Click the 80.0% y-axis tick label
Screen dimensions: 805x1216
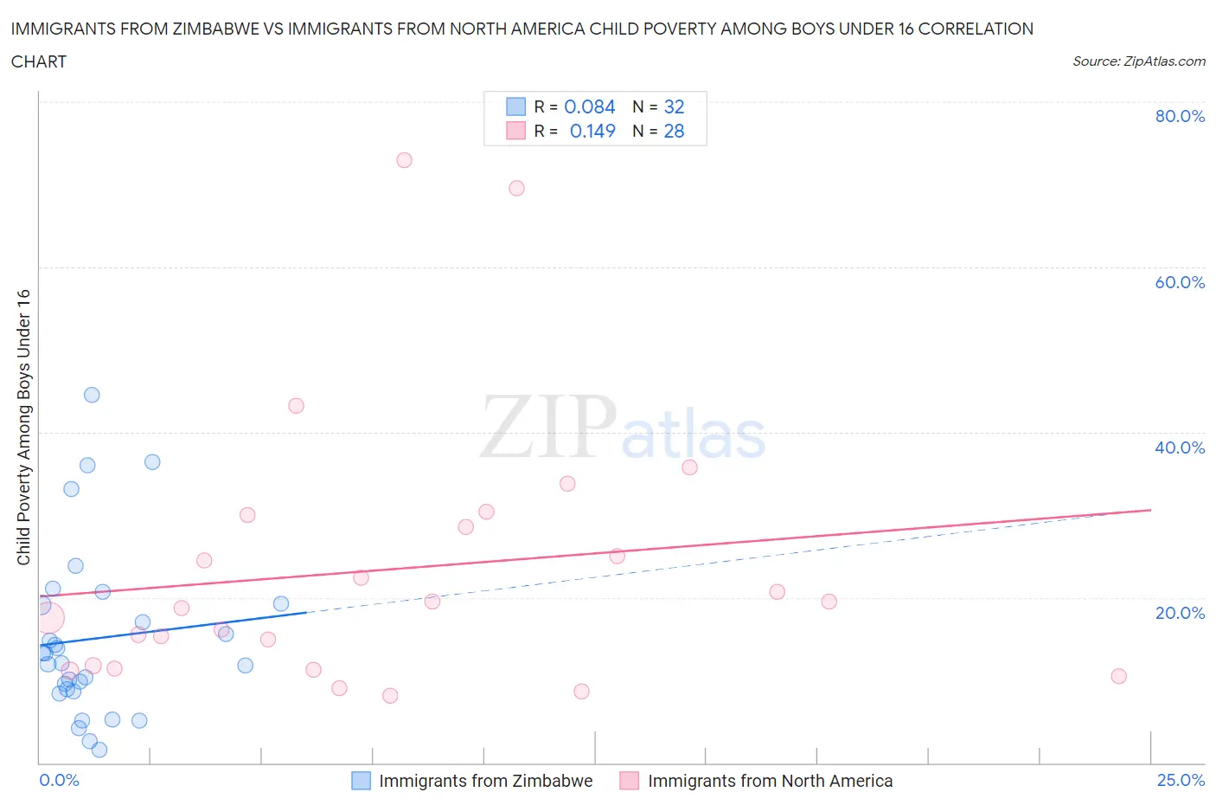click(x=1180, y=116)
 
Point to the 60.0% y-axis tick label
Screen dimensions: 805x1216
click(x=1180, y=282)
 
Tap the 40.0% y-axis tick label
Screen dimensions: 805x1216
click(x=1180, y=448)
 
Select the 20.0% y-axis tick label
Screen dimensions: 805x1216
click(x=1180, y=613)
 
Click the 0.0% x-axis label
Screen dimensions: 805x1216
click(x=59, y=780)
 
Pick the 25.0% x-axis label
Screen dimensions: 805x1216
click(x=1181, y=780)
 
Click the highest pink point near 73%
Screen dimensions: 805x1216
click(x=404, y=160)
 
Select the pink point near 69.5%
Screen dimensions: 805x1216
click(x=516, y=188)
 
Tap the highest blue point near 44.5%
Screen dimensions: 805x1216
click(x=92, y=395)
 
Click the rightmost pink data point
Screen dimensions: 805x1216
click(x=1118, y=676)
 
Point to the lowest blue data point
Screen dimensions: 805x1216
click(x=99, y=750)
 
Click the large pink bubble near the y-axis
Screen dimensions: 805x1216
click(x=48, y=617)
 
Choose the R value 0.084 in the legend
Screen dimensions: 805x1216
click(x=589, y=106)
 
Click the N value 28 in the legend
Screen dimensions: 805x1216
click(x=674, y=131)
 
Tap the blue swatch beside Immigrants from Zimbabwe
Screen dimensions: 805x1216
click(x=361, y=781)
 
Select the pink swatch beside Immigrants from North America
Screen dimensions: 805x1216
click(x=630, y=781)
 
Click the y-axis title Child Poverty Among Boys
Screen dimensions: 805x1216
click(x=23, y=427)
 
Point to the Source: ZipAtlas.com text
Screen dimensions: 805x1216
click(x=1138, y=61)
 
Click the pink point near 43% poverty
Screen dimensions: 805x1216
click(x=296, y=405)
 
